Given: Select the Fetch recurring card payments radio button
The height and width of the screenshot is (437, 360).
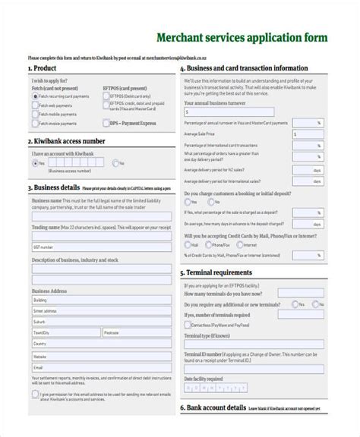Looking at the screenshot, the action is tap(35, 96).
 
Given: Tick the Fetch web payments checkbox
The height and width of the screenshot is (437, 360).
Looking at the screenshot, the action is tap(35, 105).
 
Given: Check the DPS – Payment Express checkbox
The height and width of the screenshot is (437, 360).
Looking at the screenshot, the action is tap(106, 122).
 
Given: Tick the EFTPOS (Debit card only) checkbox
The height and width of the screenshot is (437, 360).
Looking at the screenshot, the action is tap(106, 96).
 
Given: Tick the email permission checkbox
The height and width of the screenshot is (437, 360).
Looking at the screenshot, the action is tap(35, 395).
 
